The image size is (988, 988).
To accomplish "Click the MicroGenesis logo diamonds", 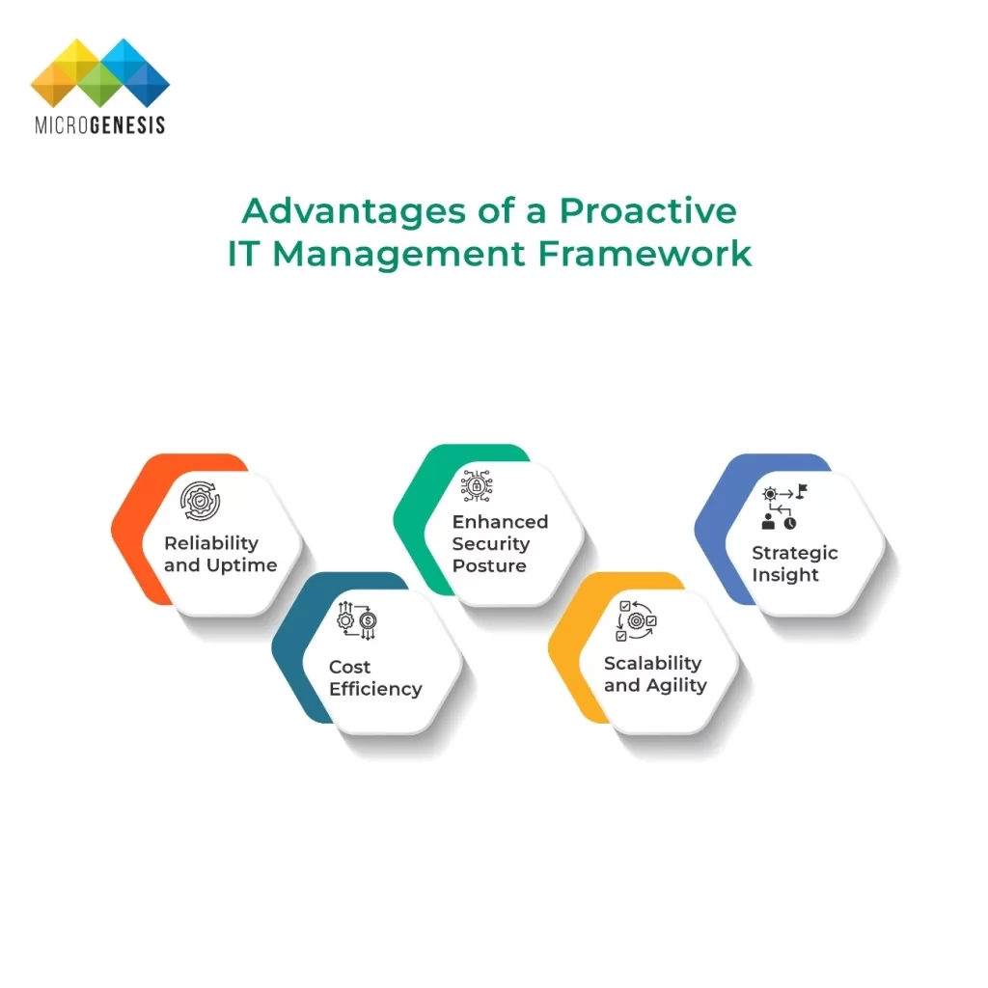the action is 100,72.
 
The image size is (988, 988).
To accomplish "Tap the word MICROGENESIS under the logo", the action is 100,124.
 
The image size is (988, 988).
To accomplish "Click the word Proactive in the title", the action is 647,210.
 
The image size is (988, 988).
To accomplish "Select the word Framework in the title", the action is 645,254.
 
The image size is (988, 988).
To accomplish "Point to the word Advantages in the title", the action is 354,212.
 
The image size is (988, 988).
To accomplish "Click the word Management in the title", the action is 398,255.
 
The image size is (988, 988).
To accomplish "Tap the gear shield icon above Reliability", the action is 200,501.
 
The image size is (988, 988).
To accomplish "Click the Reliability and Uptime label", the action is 221,555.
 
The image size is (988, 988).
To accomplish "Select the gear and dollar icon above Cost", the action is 357,621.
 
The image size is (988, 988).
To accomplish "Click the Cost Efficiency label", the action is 375,678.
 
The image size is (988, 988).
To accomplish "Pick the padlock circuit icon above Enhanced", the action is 477,486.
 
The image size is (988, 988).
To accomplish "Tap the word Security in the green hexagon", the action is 491,544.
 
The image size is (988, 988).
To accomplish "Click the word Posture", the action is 489,565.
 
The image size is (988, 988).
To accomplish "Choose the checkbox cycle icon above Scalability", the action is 637,620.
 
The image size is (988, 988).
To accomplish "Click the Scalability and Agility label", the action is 655,674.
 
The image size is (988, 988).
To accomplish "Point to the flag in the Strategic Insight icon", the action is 802,490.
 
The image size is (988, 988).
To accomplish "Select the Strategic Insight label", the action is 795,563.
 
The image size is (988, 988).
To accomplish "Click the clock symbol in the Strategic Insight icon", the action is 790,523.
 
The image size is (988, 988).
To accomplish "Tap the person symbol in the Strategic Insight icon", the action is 768,521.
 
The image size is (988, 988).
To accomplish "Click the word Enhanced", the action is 501,522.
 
